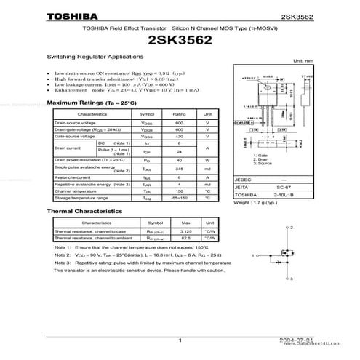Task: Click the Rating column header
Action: tap(178, 114)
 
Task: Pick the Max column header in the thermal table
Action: tap(185, 223)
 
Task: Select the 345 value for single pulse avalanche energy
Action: tap(178, 168)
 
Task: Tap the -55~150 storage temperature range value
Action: tap(178, 198)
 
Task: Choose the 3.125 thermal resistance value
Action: tap(185, 231)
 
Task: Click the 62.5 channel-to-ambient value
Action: tap(185, 238)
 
